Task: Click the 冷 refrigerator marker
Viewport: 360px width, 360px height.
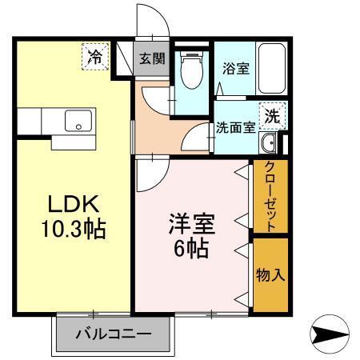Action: coord(95,57)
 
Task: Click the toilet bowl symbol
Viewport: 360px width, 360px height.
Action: coord(191,71)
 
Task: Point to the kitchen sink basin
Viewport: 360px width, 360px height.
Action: coord(78,123)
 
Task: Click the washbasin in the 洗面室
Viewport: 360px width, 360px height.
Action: coord(270,144)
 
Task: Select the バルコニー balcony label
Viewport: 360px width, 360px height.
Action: coord(114,334)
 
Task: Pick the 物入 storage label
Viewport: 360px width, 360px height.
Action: coord(270,274)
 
